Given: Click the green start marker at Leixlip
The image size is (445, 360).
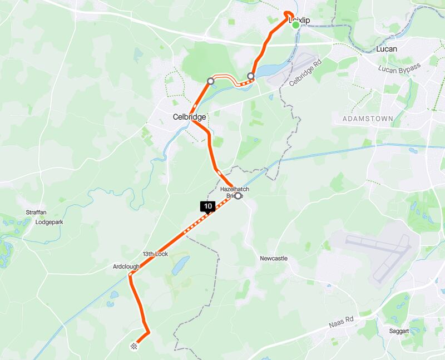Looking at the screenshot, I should [x=295, y=24].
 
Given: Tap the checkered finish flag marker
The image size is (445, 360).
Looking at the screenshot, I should [x=134, y=347].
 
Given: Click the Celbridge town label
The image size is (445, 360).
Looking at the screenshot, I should [x=189, y=117].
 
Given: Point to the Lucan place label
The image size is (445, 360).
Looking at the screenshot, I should [x=387, y=49].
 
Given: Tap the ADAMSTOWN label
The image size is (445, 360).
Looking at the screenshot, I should [x=368, y=119].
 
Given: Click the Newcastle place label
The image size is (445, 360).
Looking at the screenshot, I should [x=274, y=259].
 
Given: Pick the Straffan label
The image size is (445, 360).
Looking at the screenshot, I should [x=38, y=213].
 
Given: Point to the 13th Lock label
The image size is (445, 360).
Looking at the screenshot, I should [x=155, y=254].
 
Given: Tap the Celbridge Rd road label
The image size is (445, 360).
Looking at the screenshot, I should [x=306, y=72].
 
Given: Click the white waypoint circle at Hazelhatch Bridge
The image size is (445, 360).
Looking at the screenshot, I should [x=239, y=196].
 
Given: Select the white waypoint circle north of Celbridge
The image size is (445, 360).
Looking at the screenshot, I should [x=210, y=81].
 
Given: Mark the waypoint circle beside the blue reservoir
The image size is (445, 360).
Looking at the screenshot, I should [x=251, y=76].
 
